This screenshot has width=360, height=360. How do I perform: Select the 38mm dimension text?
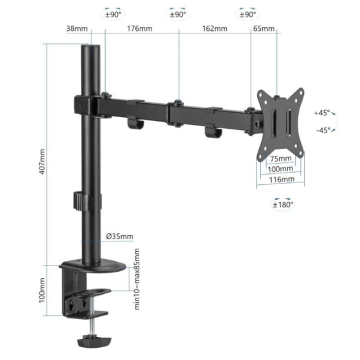click(x=76, y=28)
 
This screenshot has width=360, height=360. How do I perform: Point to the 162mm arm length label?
click(x=214, y=28)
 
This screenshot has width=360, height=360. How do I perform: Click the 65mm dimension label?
click(x=263, y=28)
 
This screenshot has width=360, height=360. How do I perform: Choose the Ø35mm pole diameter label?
click(x=120, y=236)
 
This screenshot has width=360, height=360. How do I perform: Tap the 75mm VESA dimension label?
click(x=280, y=159)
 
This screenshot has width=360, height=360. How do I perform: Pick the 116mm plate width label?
click(x=280, y=179)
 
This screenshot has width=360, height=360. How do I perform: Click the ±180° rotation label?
click(x=283, y=204)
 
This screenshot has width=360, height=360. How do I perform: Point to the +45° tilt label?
click(x=322, y=113)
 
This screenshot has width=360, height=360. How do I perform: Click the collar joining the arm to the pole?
click(x=86, y=105)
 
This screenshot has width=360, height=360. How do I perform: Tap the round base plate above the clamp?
click(x=93, y=265)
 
